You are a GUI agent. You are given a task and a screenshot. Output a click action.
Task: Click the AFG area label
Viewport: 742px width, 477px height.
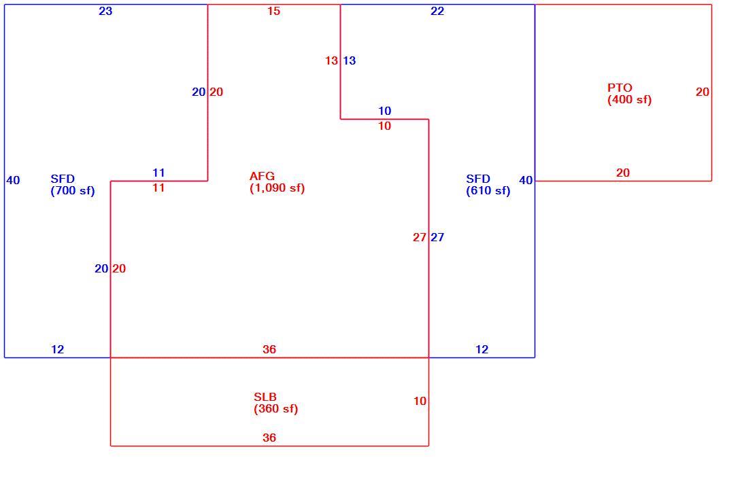point(262,176)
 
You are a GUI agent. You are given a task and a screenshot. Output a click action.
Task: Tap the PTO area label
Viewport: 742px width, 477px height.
point(620,88)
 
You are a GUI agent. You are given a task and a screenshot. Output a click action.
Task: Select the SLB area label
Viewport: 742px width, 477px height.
point(265,397)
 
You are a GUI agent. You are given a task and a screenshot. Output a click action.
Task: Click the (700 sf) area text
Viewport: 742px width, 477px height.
point(73,191)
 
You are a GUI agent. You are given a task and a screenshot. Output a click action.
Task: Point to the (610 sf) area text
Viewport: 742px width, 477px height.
point(488,191)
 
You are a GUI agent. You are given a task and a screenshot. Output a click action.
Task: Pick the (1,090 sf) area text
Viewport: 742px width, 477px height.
point(277,188)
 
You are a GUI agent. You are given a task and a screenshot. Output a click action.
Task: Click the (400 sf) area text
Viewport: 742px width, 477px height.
point(630,100)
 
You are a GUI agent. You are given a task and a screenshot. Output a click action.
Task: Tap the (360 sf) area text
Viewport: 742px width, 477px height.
point(276,409)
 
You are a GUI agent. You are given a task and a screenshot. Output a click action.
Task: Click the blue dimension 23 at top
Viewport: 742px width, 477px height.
point(105,11)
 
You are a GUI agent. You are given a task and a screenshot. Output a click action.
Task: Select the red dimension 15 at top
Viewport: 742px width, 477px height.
point(273,11)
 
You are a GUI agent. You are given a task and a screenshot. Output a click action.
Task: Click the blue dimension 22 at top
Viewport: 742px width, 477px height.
point(437,11)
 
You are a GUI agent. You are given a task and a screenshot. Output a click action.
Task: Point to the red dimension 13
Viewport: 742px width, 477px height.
point(331,60)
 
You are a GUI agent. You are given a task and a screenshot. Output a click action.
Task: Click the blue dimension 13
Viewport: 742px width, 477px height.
point(349,60)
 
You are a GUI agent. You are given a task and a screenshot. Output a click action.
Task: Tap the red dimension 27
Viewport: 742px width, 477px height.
point(420,237)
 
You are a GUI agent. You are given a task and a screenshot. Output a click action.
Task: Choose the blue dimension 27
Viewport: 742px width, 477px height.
point(437,237)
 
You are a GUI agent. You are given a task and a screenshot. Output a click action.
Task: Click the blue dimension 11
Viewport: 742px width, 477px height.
point(158,173)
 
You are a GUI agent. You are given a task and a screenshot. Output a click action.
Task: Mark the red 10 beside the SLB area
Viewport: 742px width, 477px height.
point(420,401)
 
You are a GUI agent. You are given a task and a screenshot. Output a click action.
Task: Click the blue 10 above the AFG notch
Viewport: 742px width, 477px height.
point(385,111)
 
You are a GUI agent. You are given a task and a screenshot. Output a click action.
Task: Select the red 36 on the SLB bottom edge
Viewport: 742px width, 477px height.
point(269,438)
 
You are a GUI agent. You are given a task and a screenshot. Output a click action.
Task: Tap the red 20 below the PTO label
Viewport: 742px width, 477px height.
point(623,173)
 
